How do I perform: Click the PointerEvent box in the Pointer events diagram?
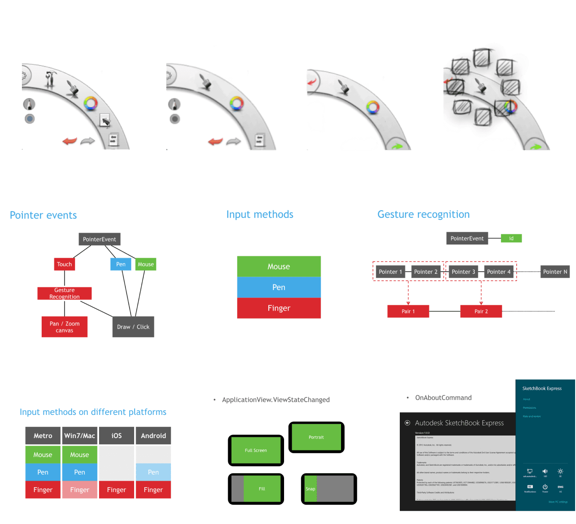pyautogui.click(x=100, y=239)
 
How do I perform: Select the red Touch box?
pyautogui.click(x=64, y=264)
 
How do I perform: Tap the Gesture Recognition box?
pyautogui.click(x=64, y=294)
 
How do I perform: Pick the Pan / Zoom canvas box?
pyautogui.click(x=64, y=327)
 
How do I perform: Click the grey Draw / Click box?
pyautogui.click(x=133, y=327)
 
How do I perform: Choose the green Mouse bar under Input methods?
pyautogui.click(x=279, y=266)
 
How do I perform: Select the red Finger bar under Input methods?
pyautogui.click(x=279, y=308)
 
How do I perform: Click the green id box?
pyautogui.click(x=511, y=238)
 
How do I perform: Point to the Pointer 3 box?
pyautogui.click(x=463, y=272)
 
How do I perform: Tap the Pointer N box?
pyautogui.click(x=555, y=272)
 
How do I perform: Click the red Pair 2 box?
pyautogui.click(x=481, y=312)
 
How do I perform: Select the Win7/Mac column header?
pyautogui.click(x=80, y=435)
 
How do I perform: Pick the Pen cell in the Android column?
pyautogui.click(x=153, y=472)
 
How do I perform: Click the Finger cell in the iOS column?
pyautogui.click(x=117, y=489)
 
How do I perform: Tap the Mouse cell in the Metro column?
pyautogui.click(x=43, y=455)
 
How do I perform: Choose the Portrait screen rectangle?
pyautogui.click(x=316, y=437)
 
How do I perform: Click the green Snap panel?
pyautogui.click(x=310, y=489)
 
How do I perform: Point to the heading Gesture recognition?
pyautogui.click(x=423, y=214)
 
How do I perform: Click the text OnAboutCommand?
pyautogui.click(x=443, y=398)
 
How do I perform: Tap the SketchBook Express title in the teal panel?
pyautogui.click(x=542, y=389)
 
